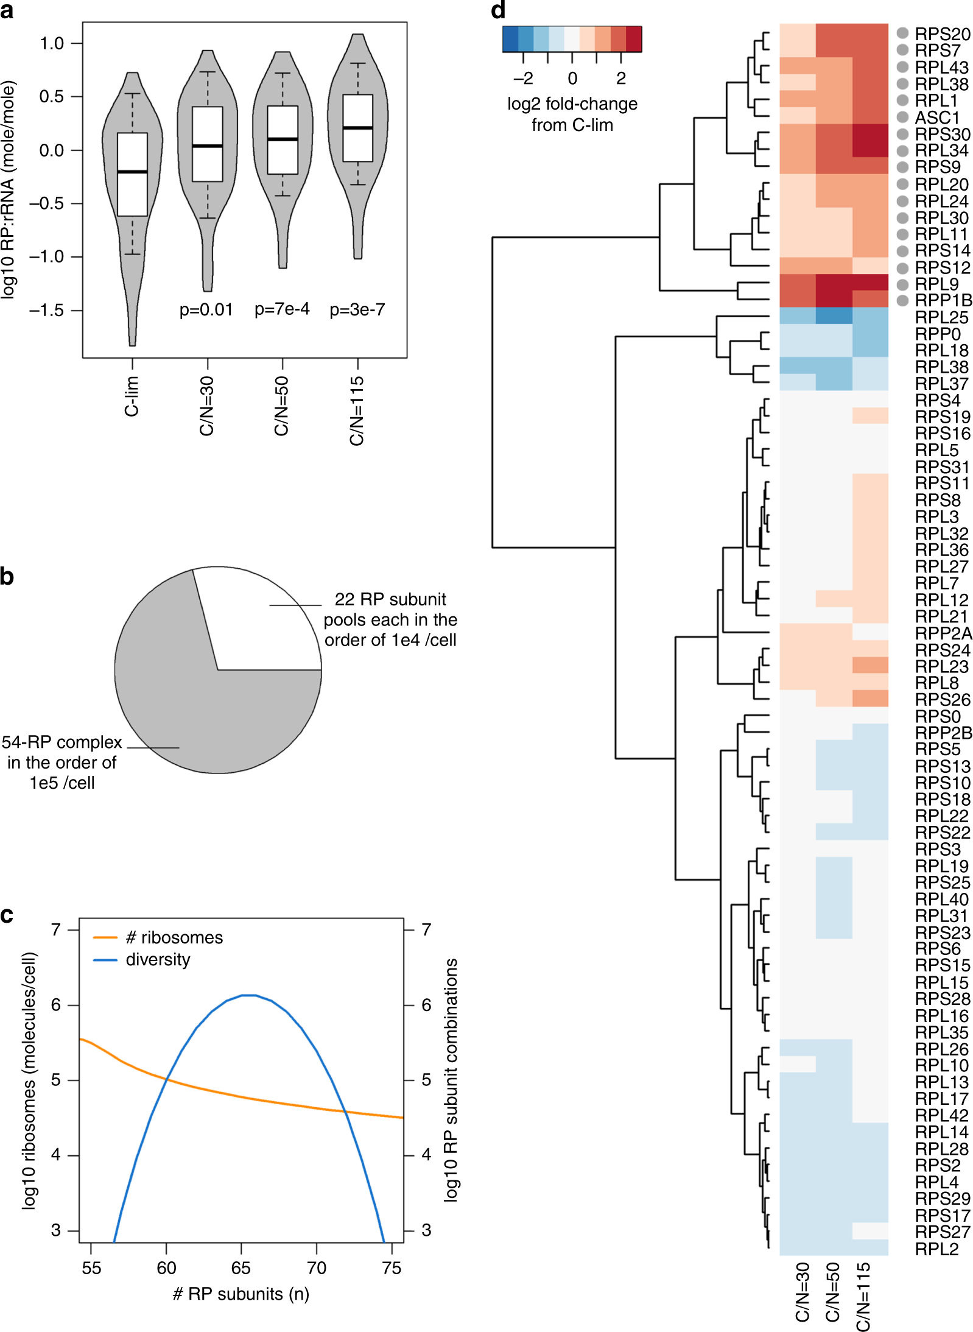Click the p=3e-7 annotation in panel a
(357, 309)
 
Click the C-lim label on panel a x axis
(132, 396)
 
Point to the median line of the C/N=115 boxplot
(357, 128)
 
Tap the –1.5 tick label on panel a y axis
(46, 311)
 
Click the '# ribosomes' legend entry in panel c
(174, 937)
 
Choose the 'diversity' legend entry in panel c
(157, 959)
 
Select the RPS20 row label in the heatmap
(942, 34)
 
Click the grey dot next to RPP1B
(902, 300)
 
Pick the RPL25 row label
(941, 317)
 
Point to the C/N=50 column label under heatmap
(832, 1291)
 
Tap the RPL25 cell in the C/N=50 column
(834, 316)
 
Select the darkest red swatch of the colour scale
(633, 39)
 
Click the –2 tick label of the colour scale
(523, 78)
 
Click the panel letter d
(498, 10)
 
